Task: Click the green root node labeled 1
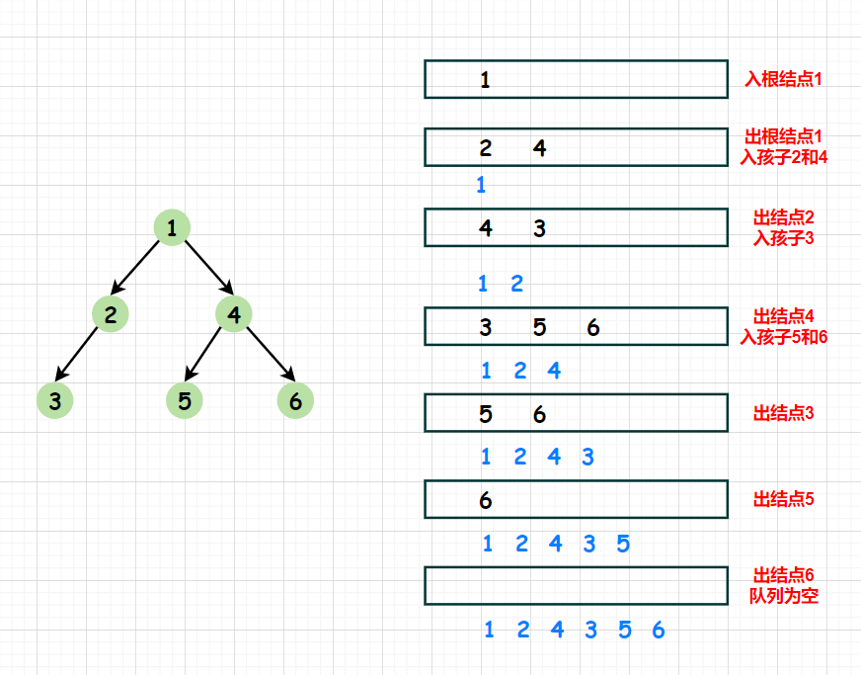172,227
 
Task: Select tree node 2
111,314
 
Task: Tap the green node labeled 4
234,314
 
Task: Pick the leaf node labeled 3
55,400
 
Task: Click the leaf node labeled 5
185,400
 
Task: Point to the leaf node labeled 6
295,400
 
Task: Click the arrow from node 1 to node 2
135,267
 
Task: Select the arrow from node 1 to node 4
209,267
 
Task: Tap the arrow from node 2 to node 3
76,354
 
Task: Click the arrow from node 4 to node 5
202,354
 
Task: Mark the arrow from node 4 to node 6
271,354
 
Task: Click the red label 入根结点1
783,79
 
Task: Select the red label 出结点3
783,413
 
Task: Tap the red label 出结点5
783,499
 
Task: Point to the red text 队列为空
784,595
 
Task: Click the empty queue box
576,568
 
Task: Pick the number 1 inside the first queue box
485,80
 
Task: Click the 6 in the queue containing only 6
486,500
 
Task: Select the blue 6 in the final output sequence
659,630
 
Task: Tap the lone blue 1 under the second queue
481,185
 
